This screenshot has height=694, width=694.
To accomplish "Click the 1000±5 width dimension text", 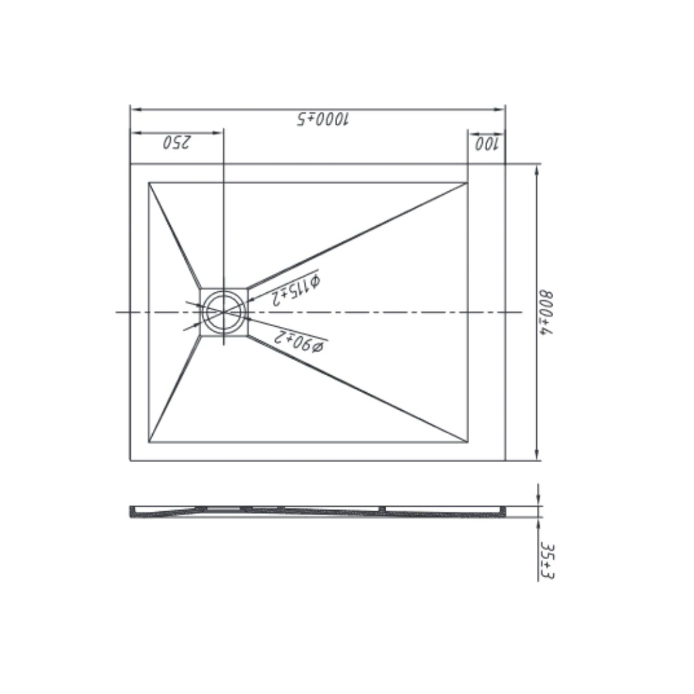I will tap(323, 119).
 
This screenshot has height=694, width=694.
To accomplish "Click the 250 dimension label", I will tap(176, 142).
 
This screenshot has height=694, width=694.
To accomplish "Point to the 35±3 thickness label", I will tap(547, 561).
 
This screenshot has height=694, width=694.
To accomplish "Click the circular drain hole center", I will tap(223, 312).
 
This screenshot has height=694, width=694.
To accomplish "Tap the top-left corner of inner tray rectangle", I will tap(149, 183).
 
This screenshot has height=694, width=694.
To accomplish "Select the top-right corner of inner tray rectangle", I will tap(468, 183).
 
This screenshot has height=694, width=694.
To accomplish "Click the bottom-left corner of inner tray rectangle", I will tap(149, 442).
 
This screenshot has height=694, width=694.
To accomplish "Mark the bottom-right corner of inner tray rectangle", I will tap(468, 442).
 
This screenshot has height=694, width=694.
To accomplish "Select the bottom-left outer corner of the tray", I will tap(130, 461).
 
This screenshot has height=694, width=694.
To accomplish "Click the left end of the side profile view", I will tap(131, 511).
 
